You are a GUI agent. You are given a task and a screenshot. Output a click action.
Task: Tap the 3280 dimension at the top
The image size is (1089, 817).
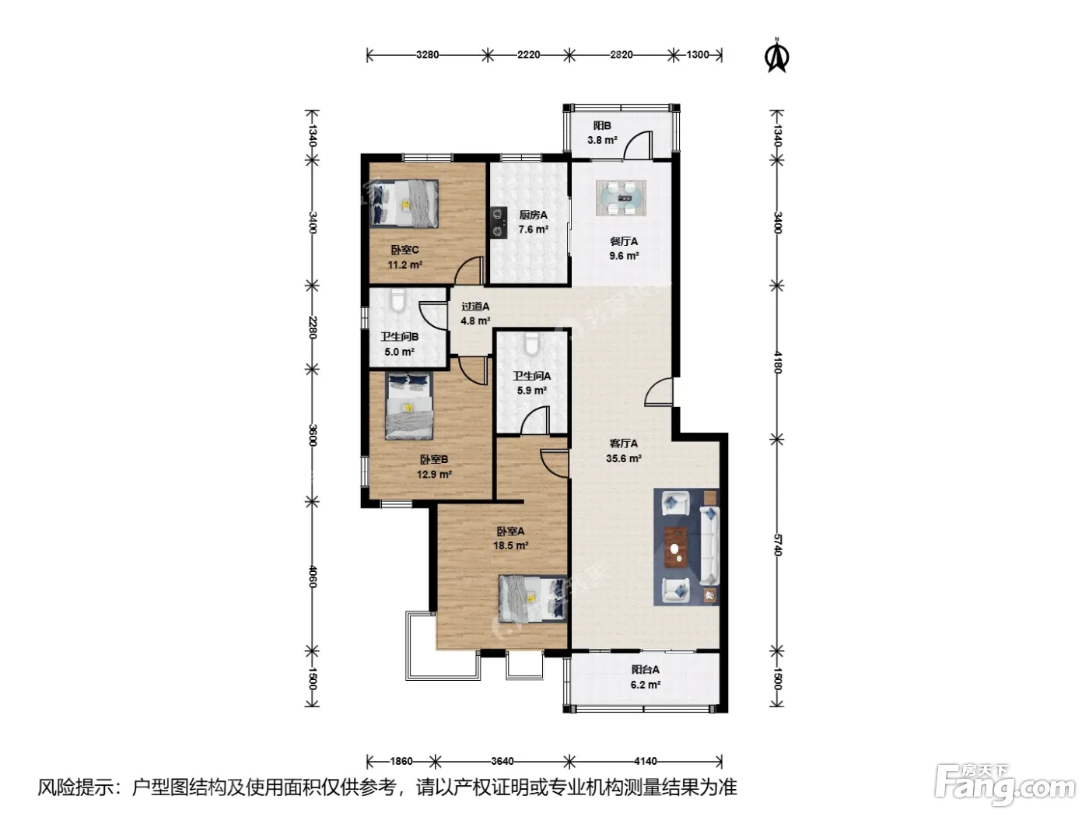pyautogui.click(x=427, y=54)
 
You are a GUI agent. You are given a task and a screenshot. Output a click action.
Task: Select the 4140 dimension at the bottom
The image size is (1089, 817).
pyautogui.click(x=646, y=760)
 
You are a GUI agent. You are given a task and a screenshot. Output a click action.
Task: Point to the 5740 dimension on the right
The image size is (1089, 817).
pyautogui.click(x=777, y=544)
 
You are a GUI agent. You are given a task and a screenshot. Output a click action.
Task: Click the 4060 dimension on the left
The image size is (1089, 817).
pyautogui.click(x=313, y=577)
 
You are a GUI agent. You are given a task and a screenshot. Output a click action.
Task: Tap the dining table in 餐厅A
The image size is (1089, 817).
pyautogui.click(x=622, y=198)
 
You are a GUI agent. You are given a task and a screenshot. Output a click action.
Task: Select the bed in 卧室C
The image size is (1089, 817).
pyautogui.click(x=404, y=203)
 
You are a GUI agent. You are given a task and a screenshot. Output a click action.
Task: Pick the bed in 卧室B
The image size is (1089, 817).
pyautogui.click(x=409, y=405)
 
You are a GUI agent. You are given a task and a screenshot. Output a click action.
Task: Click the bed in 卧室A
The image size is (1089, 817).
pyautogui.click(x=533, y=598)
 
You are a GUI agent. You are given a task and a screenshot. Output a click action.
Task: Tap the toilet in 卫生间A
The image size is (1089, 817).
pyautogui.click(x=531, y=344)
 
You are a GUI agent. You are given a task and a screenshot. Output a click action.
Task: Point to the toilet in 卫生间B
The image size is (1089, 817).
pyautogui.click(x=398, y=301)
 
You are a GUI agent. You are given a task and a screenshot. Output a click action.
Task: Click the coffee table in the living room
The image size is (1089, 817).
pyautogui.click(x=674, y=547)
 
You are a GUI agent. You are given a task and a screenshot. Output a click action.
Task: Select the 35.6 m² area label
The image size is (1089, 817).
pyautogui.click(x=624, y=458)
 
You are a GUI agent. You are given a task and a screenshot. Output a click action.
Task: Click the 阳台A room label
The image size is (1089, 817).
pyautogui.click(x=645, y=670)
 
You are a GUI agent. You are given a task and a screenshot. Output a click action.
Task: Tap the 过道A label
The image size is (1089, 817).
pyautogui.click(x=475, y=307)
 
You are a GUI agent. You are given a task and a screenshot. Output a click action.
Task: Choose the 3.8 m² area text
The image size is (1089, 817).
pyautogui.click(x=602, y=140)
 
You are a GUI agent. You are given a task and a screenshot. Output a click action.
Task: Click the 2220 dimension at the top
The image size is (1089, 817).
pyautogui.click(x=528, y=54)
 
